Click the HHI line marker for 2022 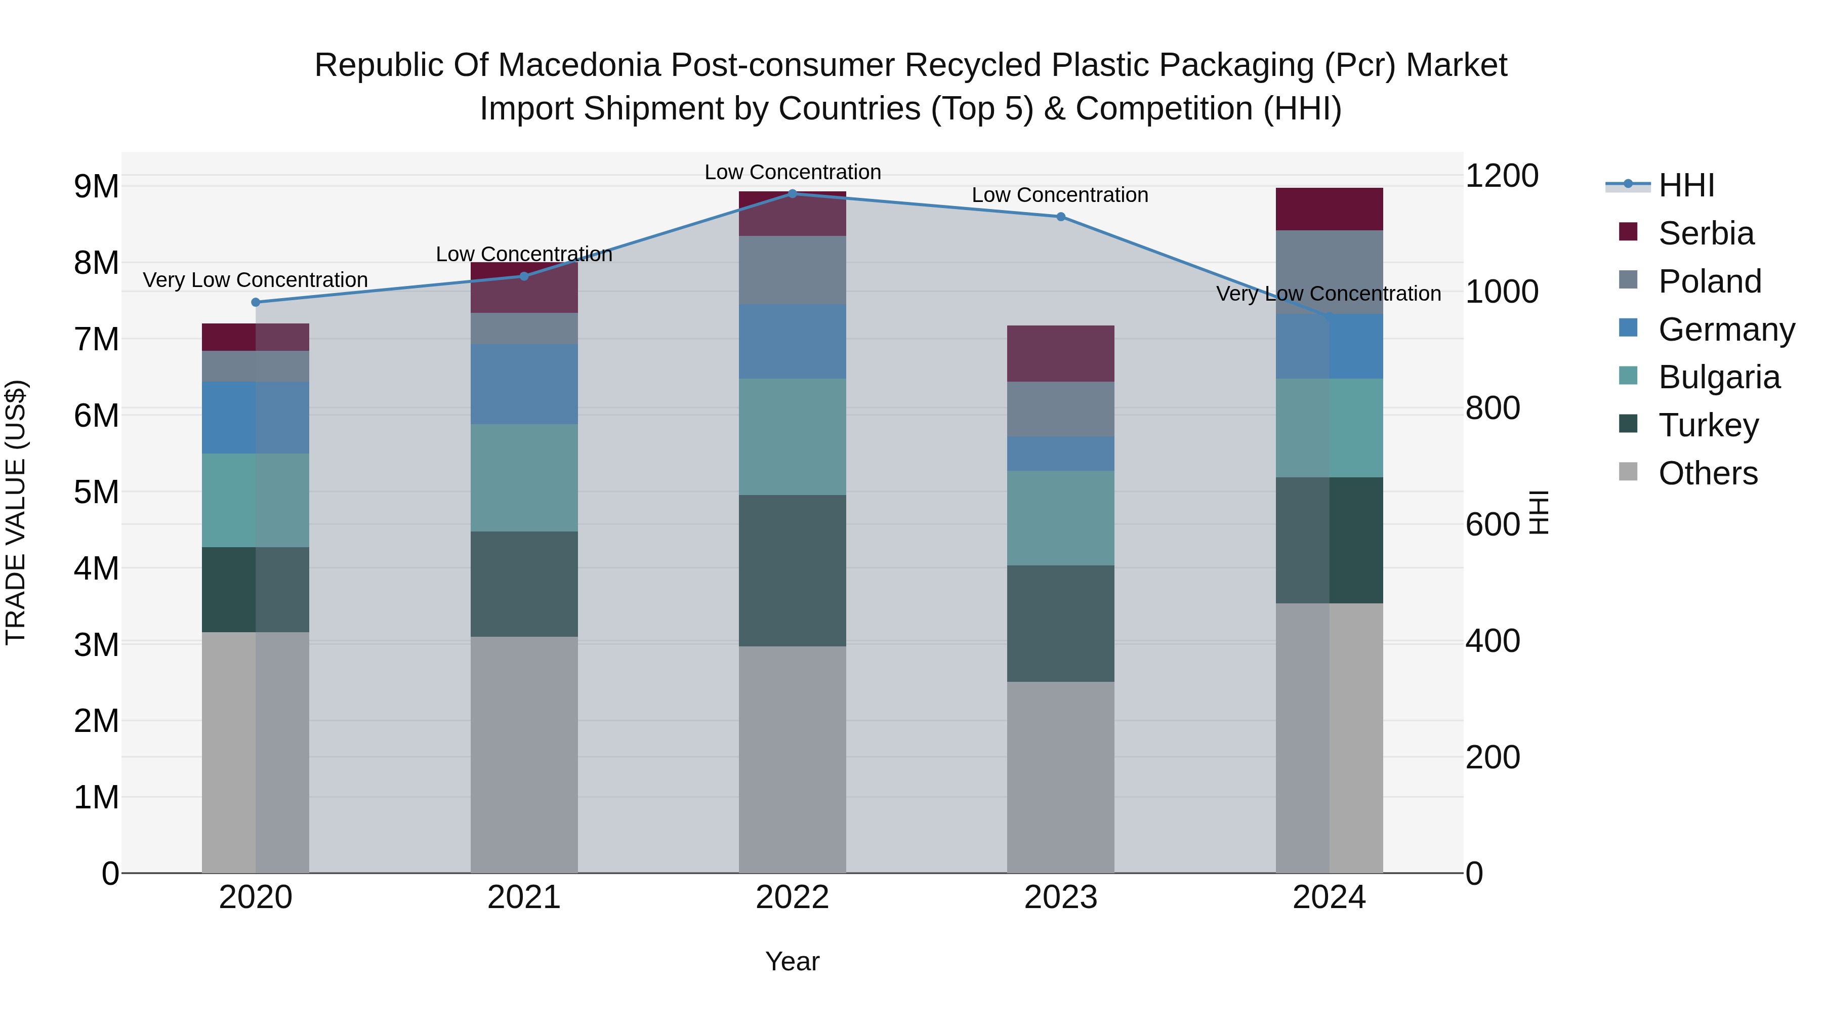tap(792, 194)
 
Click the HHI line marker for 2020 tap(256, 302)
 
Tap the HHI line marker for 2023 tap(1060, 217)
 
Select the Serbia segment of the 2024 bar tap(1329, 210)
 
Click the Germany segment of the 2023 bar tap(1060, 454)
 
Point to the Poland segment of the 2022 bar tap(792, 270)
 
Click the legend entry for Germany tap(1726, 330)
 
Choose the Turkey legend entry tap(1708, 425)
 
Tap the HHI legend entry tap(1686, 185)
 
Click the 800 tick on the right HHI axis tap(1493, 408)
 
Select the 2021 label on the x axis tap(524, 897)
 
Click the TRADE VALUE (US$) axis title tap(16, 512)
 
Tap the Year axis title tap(792, 961)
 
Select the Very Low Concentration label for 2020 tap(256, 280)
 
